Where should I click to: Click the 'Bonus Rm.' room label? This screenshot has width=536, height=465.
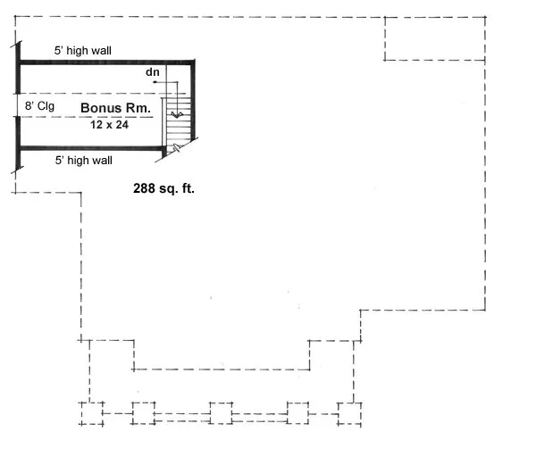click(115, 108)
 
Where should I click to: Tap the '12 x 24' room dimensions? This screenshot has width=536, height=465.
click(108, 125)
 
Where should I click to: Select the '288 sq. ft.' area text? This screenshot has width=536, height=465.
click(163, 188)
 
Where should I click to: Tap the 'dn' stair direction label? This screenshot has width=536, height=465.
click(152, 71)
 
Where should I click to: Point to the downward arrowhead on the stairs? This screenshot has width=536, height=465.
click(177, 115)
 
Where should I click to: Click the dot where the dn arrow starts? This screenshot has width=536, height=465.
click(155, 82)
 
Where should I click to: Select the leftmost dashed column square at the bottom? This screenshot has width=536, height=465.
click(91, 414)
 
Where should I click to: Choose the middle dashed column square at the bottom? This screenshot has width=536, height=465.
click(221, 415)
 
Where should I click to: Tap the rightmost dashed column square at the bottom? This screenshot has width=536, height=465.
click(349, 414)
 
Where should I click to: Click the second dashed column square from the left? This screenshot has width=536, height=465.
click(143, 414)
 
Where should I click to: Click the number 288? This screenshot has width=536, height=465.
click(143, 188)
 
